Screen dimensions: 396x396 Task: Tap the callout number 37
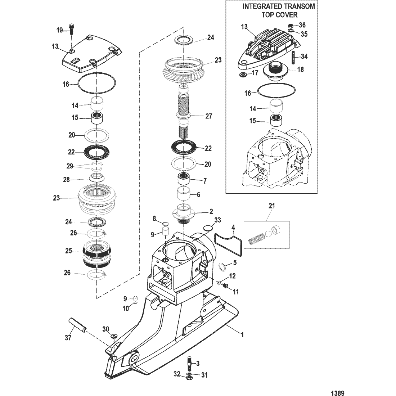(x=68, y=337)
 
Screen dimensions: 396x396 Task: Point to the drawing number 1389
(x=338, y=393)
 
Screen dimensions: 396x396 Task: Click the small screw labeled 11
(x=225, y=285)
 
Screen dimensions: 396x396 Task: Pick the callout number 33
(x=217, y=220)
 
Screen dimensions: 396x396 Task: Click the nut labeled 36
(x=291, y=26)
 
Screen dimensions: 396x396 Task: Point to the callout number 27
(x=208, y=116)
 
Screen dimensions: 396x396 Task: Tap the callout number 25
(x=68, y=251)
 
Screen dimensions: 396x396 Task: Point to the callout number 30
(x=105, y=329)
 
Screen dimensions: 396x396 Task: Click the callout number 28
(x=67, y=180)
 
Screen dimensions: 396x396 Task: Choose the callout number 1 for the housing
(x=242, y=335)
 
